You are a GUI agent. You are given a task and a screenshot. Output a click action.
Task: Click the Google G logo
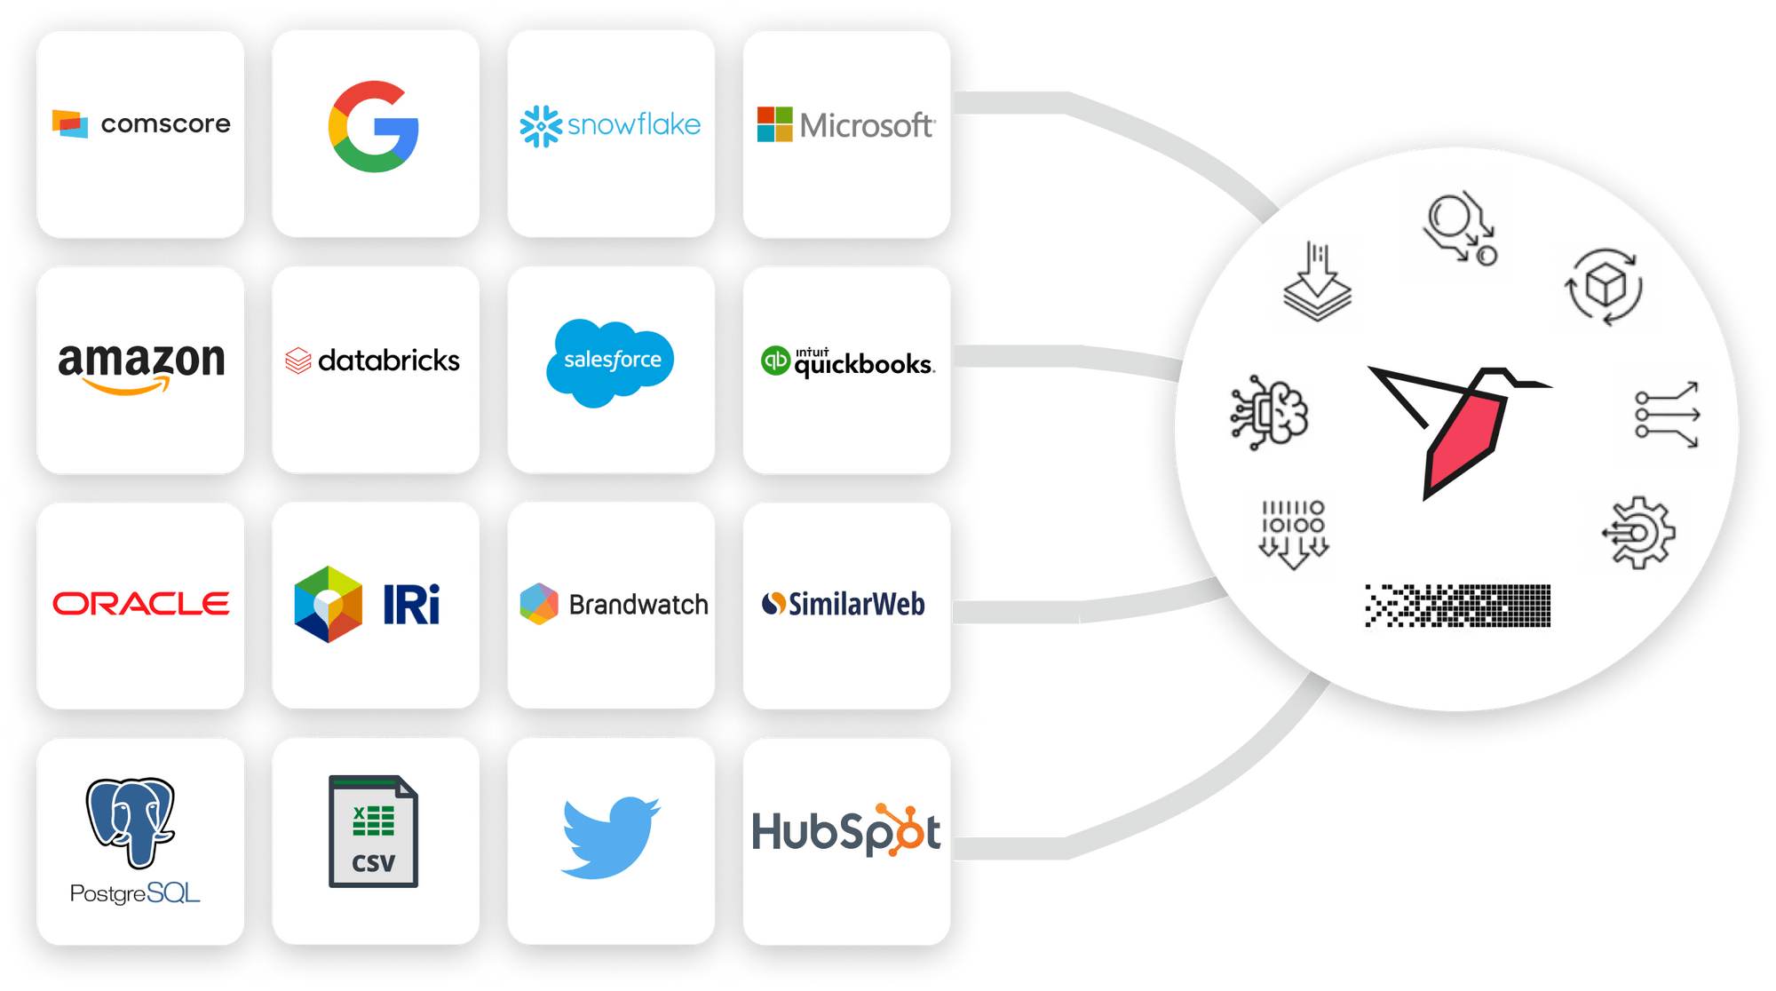pyautogui.click(x=374, y=126)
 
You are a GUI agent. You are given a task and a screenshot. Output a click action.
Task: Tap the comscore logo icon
pyautogui.click(x=70, y=123)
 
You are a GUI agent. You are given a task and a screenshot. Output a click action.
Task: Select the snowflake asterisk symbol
pyautogui.click(x=541, y=126)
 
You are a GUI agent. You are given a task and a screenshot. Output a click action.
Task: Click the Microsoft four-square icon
pyautogui.click(x=774, y=124)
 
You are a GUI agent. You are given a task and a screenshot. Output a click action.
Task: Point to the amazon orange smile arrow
pyautogui.click(x=129, y=385)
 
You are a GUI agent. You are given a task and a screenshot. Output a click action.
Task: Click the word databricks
pyautogui.click(x=388, y=361)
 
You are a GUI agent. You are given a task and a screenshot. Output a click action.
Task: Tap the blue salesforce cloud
pyautogui.click(x=611, y=361)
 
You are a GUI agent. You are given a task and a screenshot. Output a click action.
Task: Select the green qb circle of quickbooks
pyautogui.click(x=775, y=361)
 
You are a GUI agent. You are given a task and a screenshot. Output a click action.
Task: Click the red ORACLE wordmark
pyautogui.click(x=141, y=604)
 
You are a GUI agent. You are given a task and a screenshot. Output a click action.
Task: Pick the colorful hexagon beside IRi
pyautogui.click(x=328, y=604)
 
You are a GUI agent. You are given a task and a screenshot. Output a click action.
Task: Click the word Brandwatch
pyautogui.click(x=638, y=605)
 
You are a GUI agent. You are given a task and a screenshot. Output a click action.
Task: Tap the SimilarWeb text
pyautogui.click(x=856, y=605)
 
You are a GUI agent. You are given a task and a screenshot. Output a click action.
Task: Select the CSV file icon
pyautogui.click(x=373, y=831)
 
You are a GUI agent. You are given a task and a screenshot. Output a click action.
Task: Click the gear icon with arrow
pyautogui.click(x=1639, y=533)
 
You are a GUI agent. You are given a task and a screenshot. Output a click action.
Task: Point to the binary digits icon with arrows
pyautogui.click(x=1293, y=533)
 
